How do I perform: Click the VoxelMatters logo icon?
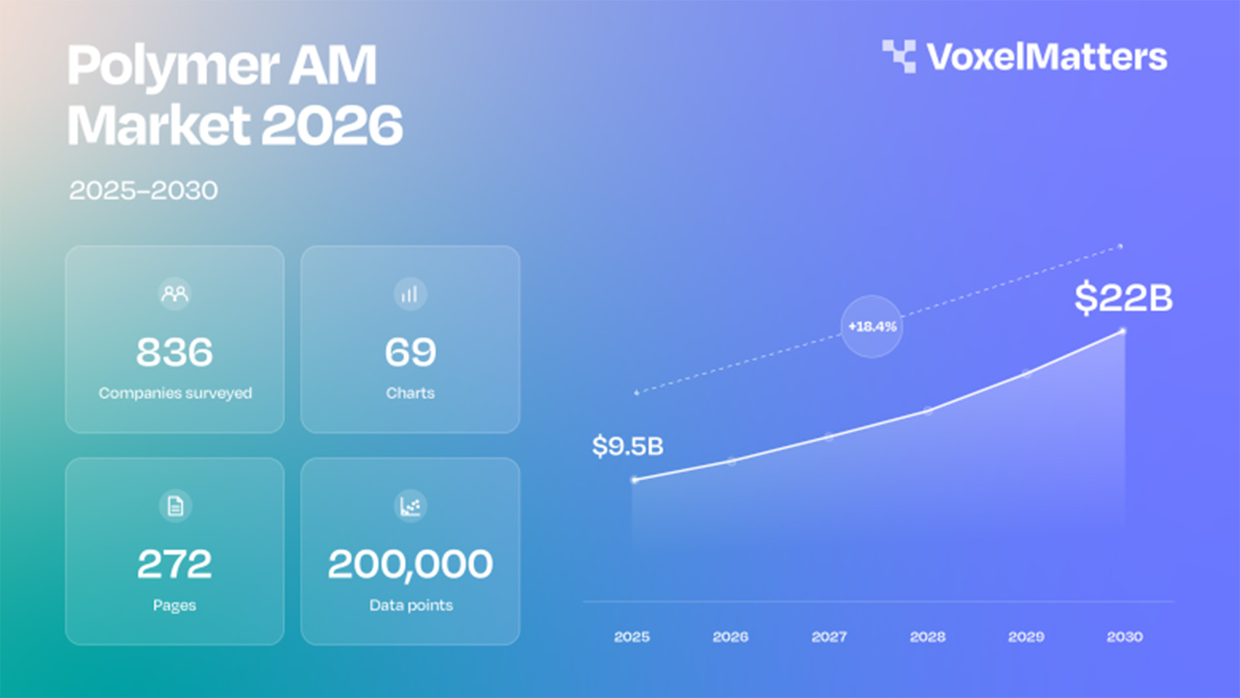(x=899, y=56)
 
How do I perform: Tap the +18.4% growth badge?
(x=872, y=326)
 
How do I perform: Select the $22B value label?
(x=1123, y=298)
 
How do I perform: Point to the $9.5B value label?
(x=628, y=447)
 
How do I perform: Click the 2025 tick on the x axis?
(x=632, y=637)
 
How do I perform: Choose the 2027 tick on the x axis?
(x=829, y=637)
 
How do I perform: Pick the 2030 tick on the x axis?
(x=1124, y=637)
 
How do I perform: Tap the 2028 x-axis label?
(x=927, y=637)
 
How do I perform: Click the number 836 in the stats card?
(x=174, y=353)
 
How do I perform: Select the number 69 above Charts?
(x=411, y=353)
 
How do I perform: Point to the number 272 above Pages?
(x=174, y=564)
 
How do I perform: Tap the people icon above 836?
(x=174, y=294)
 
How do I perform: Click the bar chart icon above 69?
(x=411, y=294)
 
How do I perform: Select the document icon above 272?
(x=175, y=505)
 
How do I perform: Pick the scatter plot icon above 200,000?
(x=411, y=505)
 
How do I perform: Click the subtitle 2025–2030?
(x=144, y=191)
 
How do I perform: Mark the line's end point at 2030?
(x=1123, y=331)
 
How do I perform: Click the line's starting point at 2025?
(x=634, y=480)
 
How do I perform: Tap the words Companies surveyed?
(x=175, y=393)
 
